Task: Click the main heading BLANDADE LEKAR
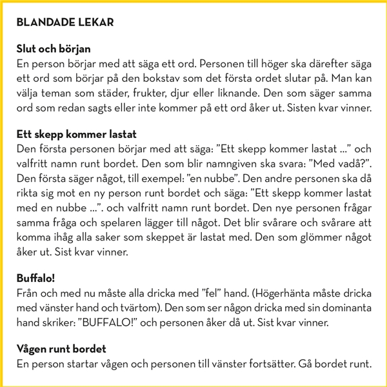click(64, 23)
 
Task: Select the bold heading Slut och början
click(54, 49)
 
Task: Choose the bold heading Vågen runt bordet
click(61, 349)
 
